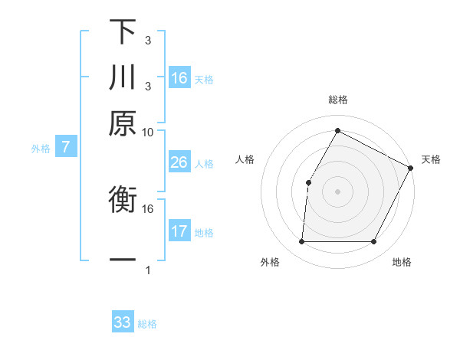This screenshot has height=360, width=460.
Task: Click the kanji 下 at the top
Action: point(123,32)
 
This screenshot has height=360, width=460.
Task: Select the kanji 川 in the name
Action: point(123,77)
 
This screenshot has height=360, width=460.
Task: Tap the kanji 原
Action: point(123,123)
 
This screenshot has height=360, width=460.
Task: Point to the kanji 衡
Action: point(123,201)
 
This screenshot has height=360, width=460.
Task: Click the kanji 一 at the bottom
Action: point(123,260)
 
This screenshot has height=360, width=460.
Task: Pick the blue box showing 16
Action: point(179,78)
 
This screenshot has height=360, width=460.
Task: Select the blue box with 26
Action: point(179,162)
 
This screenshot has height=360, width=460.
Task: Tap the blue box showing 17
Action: point(179,231)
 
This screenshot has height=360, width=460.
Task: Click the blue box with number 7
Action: point(66,147)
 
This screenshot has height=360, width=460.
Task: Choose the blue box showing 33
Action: point(123,322)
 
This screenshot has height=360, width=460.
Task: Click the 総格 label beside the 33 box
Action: point(147,324)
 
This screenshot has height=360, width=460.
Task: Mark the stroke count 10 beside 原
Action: point(147,133)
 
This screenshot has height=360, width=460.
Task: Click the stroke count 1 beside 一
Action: point(147,270)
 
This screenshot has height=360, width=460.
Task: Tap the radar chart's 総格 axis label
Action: point(337,100)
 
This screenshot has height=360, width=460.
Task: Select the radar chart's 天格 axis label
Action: point(431,159)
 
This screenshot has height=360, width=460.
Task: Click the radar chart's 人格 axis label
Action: point(245,159)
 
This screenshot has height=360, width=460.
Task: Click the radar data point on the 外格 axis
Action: point(301,242)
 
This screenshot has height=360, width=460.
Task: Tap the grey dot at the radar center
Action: point(337,191)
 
